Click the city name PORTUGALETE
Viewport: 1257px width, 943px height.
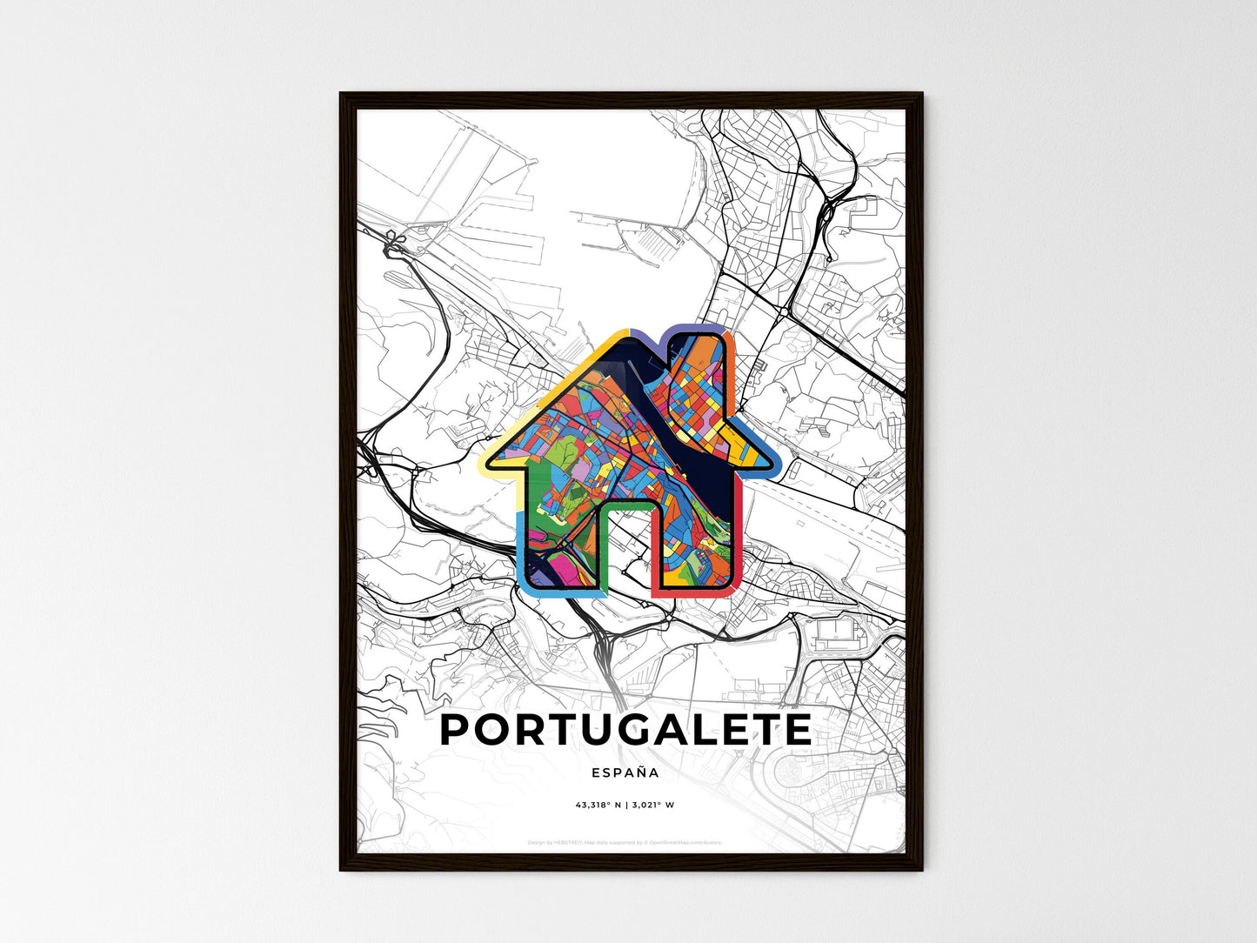click(625, 730)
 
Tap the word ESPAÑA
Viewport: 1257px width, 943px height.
click(625, 772)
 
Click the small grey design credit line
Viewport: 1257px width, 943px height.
click(625, 842)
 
